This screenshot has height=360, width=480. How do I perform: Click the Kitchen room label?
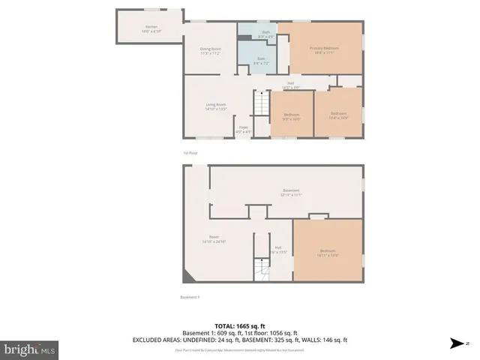click(x=151, y=29)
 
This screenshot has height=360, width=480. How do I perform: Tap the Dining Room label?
click(x=211, y=51)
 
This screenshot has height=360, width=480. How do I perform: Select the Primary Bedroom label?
click(x=325, y=51)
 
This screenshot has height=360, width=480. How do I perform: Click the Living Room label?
click(x=216, y=107)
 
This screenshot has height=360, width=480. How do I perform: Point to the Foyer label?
click(x=244, y=129)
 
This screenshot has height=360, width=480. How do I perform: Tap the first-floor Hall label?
click(x=289, y=85)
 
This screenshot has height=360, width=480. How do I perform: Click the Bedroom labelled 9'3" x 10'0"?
click(x=292, y=115)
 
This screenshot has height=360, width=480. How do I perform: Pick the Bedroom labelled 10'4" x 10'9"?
click(x=338, y=115)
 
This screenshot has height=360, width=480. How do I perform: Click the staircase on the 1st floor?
click(x=260, y=103)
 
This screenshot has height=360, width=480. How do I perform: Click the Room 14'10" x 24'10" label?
click(x=214, y=239)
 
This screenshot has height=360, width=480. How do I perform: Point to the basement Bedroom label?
click(x=328, y=252)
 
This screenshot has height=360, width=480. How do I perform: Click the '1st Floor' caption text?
click(x=190, y=153)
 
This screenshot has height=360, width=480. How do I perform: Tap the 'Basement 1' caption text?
click(x=190, y=297)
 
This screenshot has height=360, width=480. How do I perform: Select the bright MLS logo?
click(x=30, y=349)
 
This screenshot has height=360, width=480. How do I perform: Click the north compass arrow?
click(x=457, y=343)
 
